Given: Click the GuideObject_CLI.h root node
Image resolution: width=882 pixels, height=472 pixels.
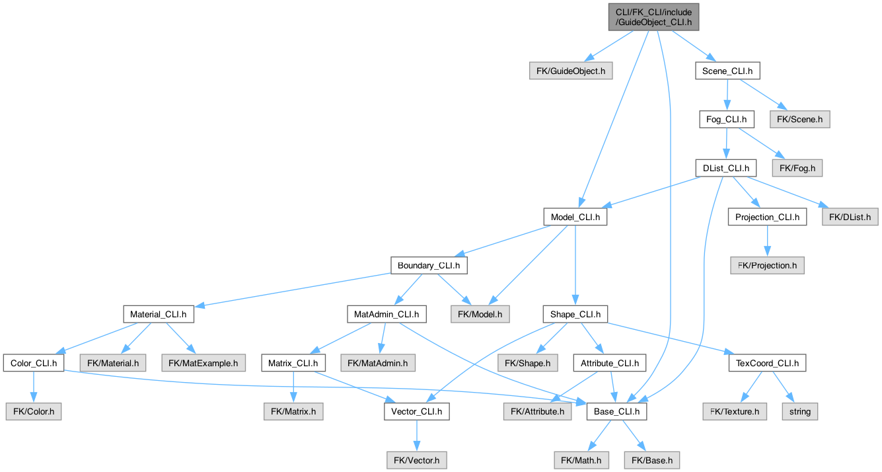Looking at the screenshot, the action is [653, 17].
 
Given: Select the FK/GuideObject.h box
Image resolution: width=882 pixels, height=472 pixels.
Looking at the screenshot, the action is [571, 71].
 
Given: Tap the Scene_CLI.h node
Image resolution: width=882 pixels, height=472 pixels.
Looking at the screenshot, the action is [727, 71].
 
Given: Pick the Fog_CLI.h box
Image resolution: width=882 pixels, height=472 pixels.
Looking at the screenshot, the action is [727, 120].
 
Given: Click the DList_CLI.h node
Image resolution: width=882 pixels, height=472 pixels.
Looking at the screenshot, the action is [725, 168].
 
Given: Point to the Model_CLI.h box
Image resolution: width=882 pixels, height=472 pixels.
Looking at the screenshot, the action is [575, 217].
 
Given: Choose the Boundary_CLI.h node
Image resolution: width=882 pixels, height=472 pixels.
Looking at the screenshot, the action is [429, 266].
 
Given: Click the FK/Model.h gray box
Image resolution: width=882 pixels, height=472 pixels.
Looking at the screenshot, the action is [480, 315].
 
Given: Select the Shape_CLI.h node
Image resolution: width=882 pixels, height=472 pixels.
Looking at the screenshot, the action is [575, 315].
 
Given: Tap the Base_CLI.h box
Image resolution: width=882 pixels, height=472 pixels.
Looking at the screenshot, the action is [616, 412].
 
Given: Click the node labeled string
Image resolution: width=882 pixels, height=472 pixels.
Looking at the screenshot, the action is [799, 412].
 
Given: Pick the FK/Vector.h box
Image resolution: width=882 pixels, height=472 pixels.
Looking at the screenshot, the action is [417, 461].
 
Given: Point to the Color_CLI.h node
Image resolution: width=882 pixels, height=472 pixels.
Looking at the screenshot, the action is [34, 364].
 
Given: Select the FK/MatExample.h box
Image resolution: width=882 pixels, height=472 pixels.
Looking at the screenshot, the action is [203, 364].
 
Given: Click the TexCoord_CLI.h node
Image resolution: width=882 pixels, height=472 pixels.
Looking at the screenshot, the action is [767, 364].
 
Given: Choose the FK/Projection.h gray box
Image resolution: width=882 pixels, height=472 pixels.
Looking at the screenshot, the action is [767, 266].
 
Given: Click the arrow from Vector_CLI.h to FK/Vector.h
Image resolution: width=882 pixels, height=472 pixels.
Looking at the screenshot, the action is [417, 436].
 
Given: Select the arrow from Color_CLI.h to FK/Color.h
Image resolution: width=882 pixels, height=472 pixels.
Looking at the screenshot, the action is [34, 387].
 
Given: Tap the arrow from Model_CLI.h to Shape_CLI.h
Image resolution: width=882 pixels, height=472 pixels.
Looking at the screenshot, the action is [575, 266].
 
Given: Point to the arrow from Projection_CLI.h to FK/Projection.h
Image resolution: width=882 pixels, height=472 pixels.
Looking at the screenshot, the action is [767, 241].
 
